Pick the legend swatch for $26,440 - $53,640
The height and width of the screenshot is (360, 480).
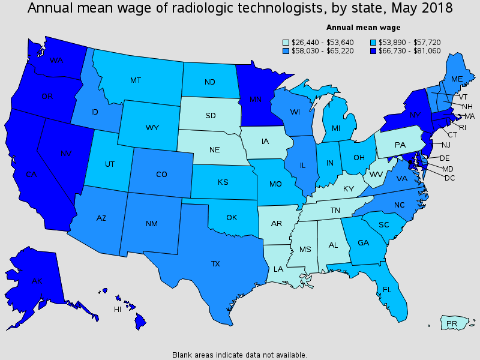[x=286, y=43]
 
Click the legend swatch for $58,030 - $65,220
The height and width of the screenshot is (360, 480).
[x=286, y=51]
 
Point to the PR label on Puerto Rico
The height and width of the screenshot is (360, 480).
[x=452, y=324]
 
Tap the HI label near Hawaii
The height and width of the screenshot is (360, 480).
[x=118, y=310]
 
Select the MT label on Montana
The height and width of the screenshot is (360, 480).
[x=136, y=80]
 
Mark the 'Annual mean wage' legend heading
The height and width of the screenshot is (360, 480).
[x=363, y=28]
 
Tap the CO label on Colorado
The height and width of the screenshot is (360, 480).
[x=161, y=175]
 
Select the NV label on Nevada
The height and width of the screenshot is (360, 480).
[x=66, y=154]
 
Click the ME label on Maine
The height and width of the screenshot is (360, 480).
[x=456, y=79]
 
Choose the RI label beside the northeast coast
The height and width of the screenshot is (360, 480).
[x=462, y=127]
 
